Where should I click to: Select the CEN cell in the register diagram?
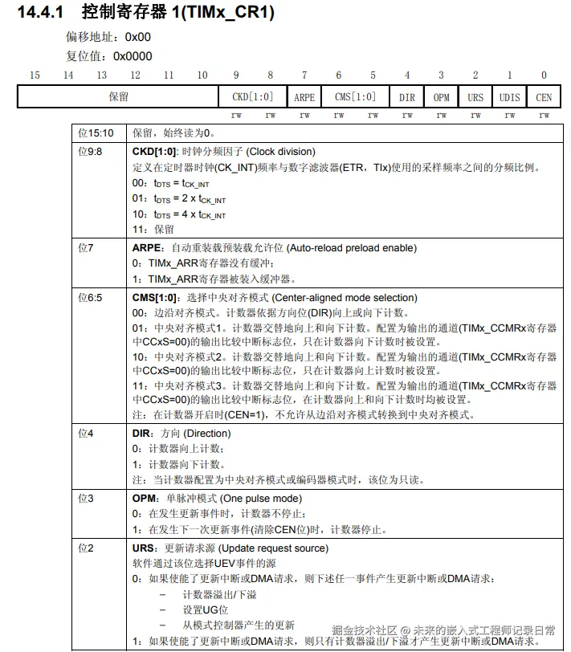(x=544, y=97)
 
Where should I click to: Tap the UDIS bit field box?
(x=509, y=97)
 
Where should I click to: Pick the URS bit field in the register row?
(x=475, y=97)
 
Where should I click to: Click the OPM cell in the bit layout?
(x=441, y=97)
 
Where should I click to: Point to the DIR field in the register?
(x=407, y=97)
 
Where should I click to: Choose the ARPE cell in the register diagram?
(x=304, y=97)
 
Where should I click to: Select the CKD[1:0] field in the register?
(x=253, y=97)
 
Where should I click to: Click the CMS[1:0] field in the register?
(x=355, y=97)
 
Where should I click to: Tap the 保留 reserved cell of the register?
(x=118, y=97)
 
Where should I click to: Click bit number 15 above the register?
(x=35, y=75)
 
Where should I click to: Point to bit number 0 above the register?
(x=544, y=75)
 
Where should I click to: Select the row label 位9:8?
(x=91, y=151)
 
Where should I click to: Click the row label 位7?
(x=86, y=248)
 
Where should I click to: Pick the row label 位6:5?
(x=91, y=297)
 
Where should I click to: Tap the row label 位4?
(x=86, y=433)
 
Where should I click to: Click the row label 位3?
(x=86, y=499)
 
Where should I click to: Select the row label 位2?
(x=86, y=548)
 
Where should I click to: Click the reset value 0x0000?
(x=133, y=56)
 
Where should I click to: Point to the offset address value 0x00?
(x=137, y=37)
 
